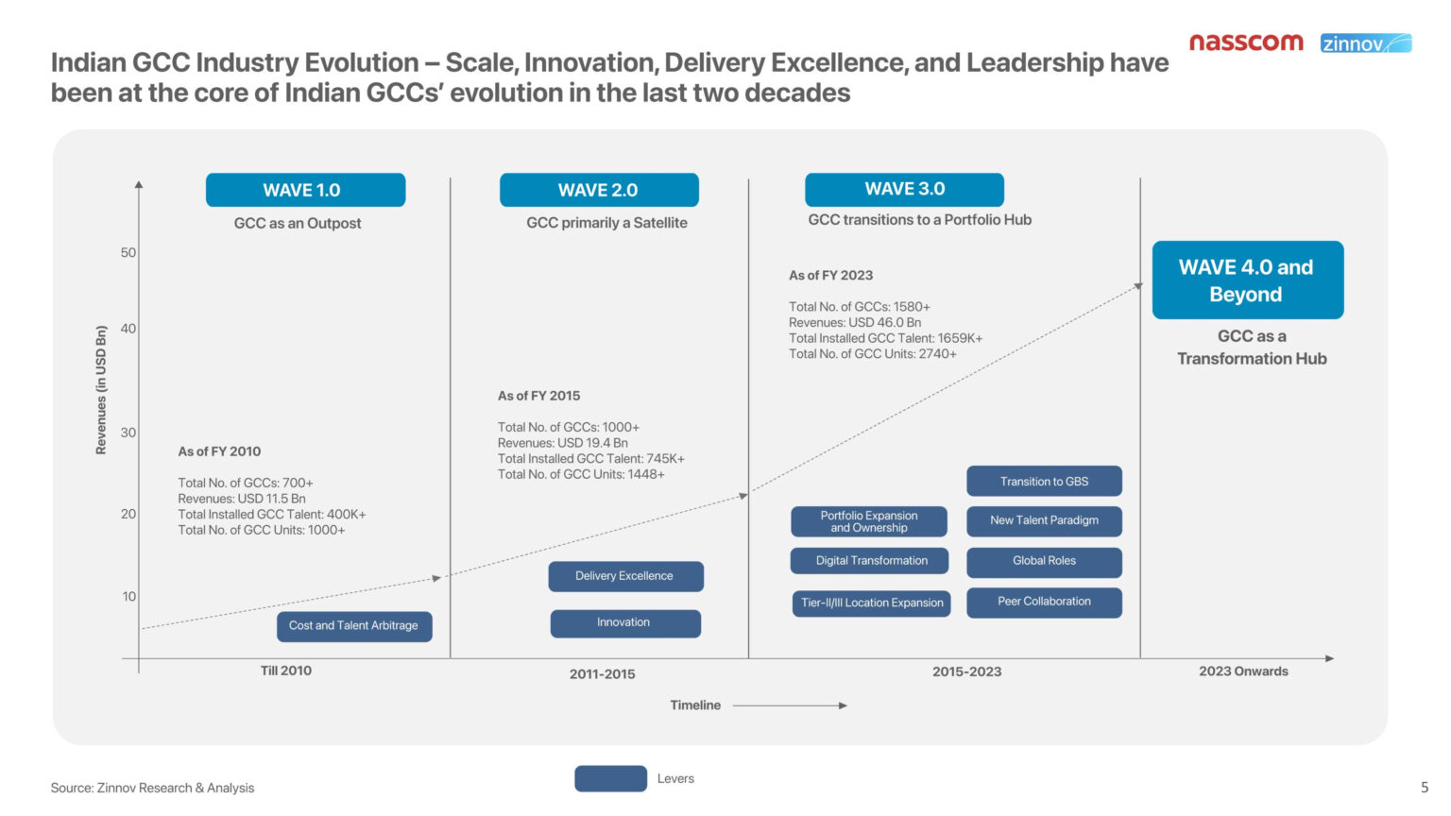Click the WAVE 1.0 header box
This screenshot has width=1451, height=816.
click(305, 190)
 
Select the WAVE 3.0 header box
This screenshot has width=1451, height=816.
click(904, 189)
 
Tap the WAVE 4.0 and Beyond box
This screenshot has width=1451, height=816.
click(1247, 280)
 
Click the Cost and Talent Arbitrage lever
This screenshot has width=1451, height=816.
click(354, 626)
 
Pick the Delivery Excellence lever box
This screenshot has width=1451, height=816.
click(625, 576)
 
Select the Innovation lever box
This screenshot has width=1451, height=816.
click(625, 623)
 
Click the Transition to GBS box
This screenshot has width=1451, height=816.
click(1044, 482)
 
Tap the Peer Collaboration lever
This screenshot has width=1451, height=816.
click(1044, 603)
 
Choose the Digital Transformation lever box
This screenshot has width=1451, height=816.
click(870, 561)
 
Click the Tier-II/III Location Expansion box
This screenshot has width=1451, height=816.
click(871, 603)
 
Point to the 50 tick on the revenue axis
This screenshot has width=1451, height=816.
click(128, 253)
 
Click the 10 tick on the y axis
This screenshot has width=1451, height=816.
click(129, 597)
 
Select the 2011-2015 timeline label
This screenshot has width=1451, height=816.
click(602, 674)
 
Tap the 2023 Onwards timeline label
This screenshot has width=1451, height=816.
click(1243, 671)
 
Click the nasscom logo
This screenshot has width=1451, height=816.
click(1246, 42)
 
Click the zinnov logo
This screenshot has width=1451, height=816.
click(1365, 43)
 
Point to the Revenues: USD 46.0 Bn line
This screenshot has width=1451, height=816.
click(855, 323)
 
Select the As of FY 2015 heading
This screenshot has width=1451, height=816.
click(539, 396)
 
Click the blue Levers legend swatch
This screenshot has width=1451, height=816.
click(610, 778)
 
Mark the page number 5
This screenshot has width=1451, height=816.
click(1425, 787)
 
